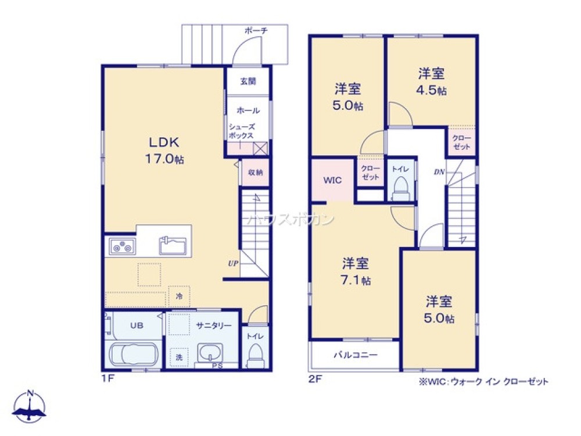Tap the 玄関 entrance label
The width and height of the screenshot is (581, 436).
coord(248,81)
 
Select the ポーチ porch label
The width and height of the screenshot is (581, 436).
coord(256,30)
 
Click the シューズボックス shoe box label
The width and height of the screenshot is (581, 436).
coord(241,131)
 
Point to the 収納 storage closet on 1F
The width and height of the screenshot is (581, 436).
coord(255,172)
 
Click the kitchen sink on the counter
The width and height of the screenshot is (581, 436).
coord(173,245)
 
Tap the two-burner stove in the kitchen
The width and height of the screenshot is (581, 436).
coord(121,247)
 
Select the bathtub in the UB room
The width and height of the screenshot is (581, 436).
coord(134,354)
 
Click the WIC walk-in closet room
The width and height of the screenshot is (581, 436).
coord(332,180)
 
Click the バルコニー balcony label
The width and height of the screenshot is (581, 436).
coord(355,355)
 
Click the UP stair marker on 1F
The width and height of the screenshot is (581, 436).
coord(232,263)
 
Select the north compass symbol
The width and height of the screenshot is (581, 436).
coord(30,406)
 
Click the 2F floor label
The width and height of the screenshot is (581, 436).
coord(314,381)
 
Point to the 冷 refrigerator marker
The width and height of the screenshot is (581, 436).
coord(179,296)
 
